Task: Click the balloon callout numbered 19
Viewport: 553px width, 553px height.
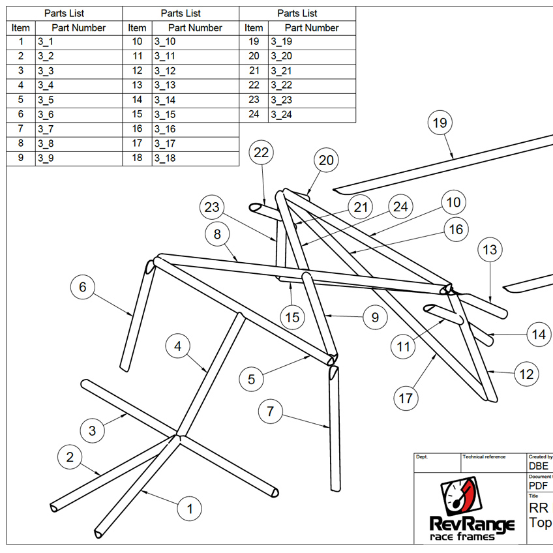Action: click(440, 123)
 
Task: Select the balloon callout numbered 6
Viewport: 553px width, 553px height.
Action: click(83, 287)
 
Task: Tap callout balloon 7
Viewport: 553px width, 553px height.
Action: click(271, 411)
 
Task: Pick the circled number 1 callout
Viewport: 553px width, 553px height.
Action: click(190, 508)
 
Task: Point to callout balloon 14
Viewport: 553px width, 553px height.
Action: click(539, 335)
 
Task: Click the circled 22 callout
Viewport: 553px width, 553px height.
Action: click(262, 153)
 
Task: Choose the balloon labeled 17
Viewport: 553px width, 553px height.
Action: click(406, 398)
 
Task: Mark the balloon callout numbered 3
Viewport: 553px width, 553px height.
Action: click(92, 430)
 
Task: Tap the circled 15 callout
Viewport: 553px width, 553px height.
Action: click(293, 318)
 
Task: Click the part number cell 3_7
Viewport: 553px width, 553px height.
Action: click(46, 129)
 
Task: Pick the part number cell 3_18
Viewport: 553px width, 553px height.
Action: click(165, 158)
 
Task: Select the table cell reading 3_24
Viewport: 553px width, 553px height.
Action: click(282, 115)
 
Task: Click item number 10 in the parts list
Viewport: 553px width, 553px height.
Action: click(137, 42)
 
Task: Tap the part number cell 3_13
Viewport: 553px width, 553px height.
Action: click(165, 85)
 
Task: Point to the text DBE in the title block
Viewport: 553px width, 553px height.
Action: click(539, 466)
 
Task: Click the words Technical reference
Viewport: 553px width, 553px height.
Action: click(484, 457)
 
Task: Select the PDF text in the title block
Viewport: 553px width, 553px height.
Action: click(538, 486)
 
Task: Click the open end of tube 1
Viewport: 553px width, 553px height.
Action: click(98, 533)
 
